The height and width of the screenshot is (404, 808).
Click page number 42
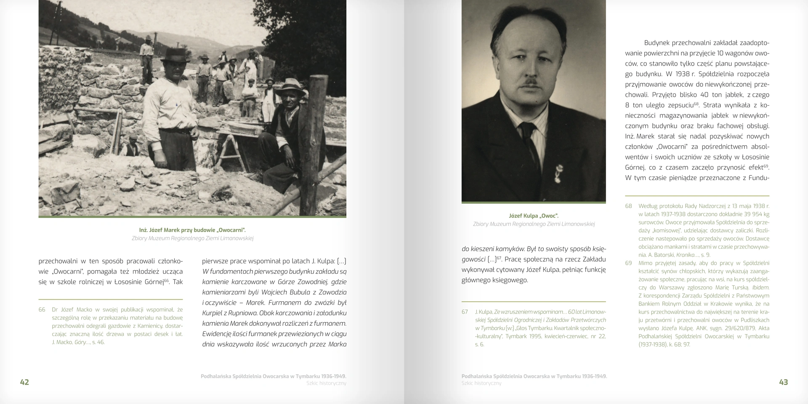24,382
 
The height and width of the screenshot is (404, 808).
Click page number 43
783,382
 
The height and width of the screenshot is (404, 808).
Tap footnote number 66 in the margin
42,310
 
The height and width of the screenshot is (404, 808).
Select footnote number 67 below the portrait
465,312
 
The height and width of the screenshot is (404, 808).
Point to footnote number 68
628,206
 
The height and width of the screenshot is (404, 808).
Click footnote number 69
628,263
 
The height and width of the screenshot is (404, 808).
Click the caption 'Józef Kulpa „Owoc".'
534,216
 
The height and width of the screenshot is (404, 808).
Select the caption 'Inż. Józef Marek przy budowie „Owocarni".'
192,230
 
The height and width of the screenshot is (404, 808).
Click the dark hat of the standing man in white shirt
176,56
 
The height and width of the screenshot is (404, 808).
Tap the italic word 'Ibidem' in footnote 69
760,287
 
